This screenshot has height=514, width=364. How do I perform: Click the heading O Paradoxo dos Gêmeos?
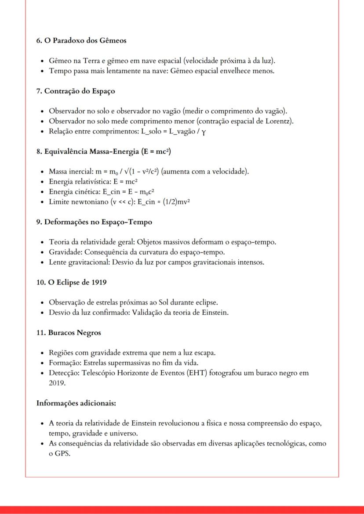[81, 40]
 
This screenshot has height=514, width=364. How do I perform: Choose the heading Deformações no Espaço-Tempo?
[94, 222]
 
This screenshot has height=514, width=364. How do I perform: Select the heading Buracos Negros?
[69, 333]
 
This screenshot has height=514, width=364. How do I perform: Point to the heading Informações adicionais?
[76, 403]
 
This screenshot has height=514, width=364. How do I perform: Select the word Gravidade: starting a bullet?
[64, 252]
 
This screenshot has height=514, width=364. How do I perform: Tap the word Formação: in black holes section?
[65, 363]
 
